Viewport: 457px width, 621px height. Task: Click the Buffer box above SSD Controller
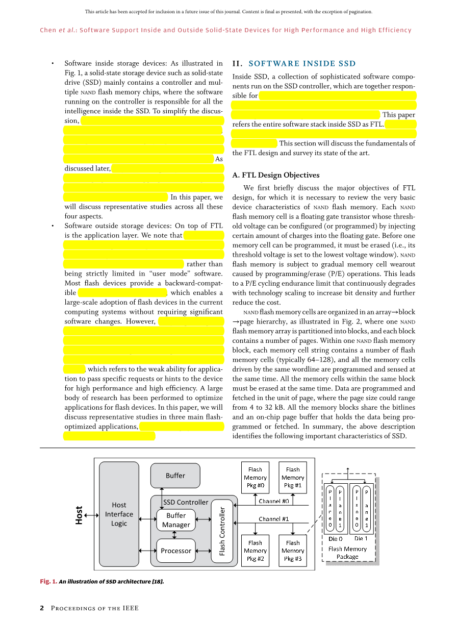pyautogui.click(x=175, y=476)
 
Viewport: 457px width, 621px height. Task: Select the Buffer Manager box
pyautogui.click(x=176, y=520)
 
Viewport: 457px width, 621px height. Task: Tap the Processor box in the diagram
pyautogui.click(x=176, y=551)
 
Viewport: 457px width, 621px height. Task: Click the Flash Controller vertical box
pyautogui.click(x=222, y=531)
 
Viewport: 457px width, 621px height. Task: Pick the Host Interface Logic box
pyautogui.click(x=119, y=514)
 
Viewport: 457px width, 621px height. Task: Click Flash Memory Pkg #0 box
pyautogui.click(x=255, y=478)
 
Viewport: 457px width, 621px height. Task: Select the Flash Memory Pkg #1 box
pyautogui.click(x=293, y=478)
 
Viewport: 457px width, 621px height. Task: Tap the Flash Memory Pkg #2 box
pyautogui.click(x=255, y=551)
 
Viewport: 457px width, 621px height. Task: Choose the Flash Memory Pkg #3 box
pyautogui.click(x=293, y=551)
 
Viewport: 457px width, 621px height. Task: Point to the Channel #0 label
pyautogui.click(x=274, y=501)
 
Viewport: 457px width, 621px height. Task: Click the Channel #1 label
pyautogui.click(x=274, y=519)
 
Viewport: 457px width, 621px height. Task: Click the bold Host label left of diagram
pyautogui.click(x=79, y=515)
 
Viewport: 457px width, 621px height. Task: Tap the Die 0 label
pyautogui.click(x=335, y=538)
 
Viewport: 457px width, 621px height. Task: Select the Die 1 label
pyautogui.click(x=361, y=538)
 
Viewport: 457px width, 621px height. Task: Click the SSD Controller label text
pyautogui.click(x=186, y=502)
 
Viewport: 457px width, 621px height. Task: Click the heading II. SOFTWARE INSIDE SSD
pyautogui.click(x=294, y=64)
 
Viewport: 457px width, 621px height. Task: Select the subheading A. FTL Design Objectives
pyautogui.click(x=276, y=175)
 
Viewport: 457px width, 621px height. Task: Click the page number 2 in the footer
pyautogui.click(x=42, y=608)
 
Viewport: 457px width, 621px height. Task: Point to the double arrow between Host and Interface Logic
pyautogui.click(x=92, y=515)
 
